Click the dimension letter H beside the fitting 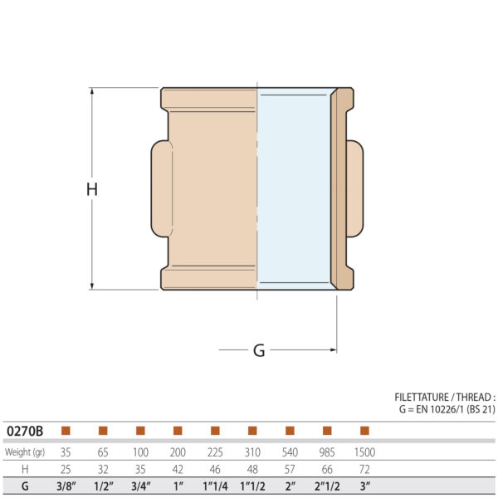(x=92, y=189)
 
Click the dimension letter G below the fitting (x=259, y=351)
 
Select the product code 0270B (x=25, y=431)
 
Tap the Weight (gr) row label (x=27, y=452)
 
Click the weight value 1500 (x=364, y=452)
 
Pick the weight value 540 (x=290, y=452)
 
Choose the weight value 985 (x=327, y=452)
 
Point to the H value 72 (x=364, y=470)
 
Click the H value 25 (x=66, y=470)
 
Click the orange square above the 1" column (x=178, y=431)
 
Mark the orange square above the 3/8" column (x=66, y=431)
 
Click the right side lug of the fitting (x=355, y=189)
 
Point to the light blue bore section (x=294, y=189)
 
